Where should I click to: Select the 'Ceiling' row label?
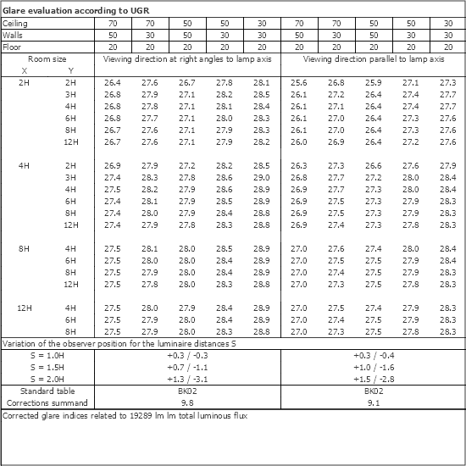[x=16, y=24]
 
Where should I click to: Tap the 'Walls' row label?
[x=14, y=36]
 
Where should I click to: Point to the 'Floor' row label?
[x=14, y=47]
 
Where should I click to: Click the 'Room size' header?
[x=47, y=60]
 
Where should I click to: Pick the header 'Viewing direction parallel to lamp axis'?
[x=374, y=60]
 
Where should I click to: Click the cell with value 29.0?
[x=261, y=177]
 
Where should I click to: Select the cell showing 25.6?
[x=298, y=82]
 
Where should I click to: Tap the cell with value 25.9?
[x=374, y=82]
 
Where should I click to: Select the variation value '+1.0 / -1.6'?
[x=374, y=368]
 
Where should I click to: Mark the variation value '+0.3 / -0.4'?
[x=374, y=356]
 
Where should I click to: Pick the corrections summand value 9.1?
[x=374, y=403]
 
